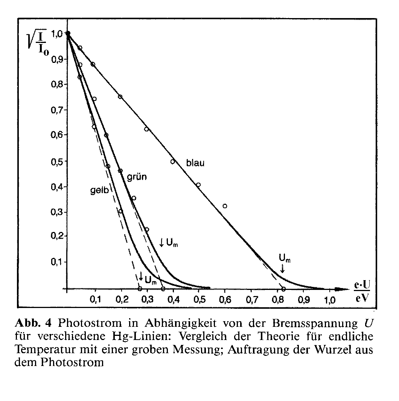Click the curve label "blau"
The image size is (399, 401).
click(195, 163)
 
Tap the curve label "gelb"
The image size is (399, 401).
click(99, 191)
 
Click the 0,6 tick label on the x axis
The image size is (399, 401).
click(225, 301)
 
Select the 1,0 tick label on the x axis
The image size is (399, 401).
click(330, 301)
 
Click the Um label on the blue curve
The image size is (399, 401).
click(285, 259)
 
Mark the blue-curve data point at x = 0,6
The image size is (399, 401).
click(225, 206)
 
